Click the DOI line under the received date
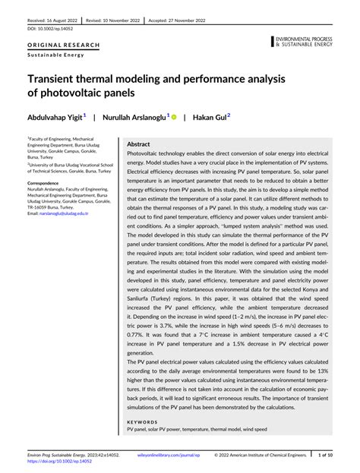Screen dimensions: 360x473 click(45, 29)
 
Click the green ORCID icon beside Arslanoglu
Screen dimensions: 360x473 click(173, 118)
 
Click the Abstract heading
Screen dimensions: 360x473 click(138, 143)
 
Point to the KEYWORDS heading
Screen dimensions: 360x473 click(142, 421)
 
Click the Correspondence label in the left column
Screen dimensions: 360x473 click(47, 184)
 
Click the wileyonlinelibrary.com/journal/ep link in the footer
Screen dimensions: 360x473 click(155, 456)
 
